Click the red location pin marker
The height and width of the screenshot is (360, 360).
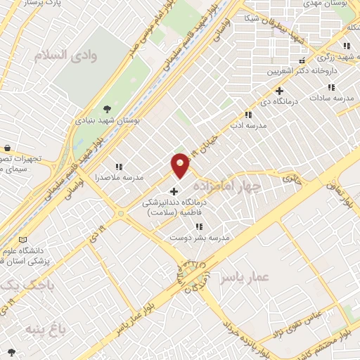(x=181, y=165)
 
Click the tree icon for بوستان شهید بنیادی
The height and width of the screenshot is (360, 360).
(x=107, y=108)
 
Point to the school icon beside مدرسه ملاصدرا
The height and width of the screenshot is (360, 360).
(x=119, y=167)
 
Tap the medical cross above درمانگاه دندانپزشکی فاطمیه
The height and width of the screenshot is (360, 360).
(x=174, y=191)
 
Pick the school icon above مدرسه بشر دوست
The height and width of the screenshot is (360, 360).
(x=199, y=226)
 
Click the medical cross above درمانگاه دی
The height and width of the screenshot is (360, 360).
(x=279, y=91)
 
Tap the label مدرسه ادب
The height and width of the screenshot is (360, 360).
(x=248, y=124)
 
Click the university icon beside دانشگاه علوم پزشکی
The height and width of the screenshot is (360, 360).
(x=24, y=240)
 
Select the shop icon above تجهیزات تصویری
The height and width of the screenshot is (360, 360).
(x=7, y=148)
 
